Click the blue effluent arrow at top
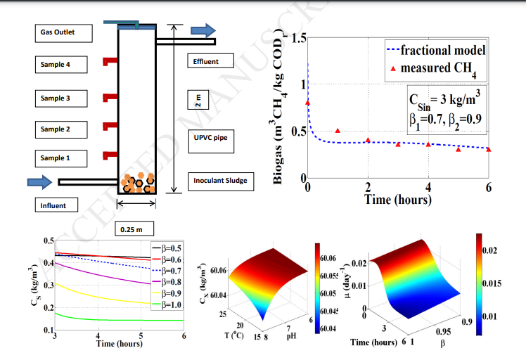203,30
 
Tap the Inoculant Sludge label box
219,181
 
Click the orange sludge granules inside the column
136,184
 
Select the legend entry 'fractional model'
442,50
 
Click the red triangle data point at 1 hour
338,131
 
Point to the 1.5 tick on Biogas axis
297,39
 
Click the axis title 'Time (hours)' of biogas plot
397,200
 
